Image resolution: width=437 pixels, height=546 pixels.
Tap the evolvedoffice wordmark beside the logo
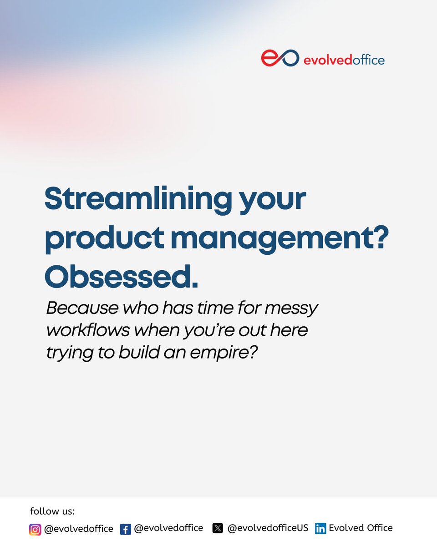[344, 60]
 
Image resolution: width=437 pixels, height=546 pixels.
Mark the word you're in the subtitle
[208, 330]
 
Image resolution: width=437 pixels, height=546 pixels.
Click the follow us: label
[52, 511]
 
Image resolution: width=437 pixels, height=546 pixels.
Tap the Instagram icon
[35, 529]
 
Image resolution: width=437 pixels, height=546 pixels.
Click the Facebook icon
[126, 529]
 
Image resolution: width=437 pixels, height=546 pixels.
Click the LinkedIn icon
[320, 529]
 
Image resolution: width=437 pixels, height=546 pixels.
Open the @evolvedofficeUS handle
[268, 528]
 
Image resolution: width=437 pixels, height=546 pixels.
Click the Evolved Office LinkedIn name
[361, 528]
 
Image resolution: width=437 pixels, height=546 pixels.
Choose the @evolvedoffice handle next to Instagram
[78, 529]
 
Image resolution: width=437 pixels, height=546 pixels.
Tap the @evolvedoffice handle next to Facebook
[168, 528]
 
